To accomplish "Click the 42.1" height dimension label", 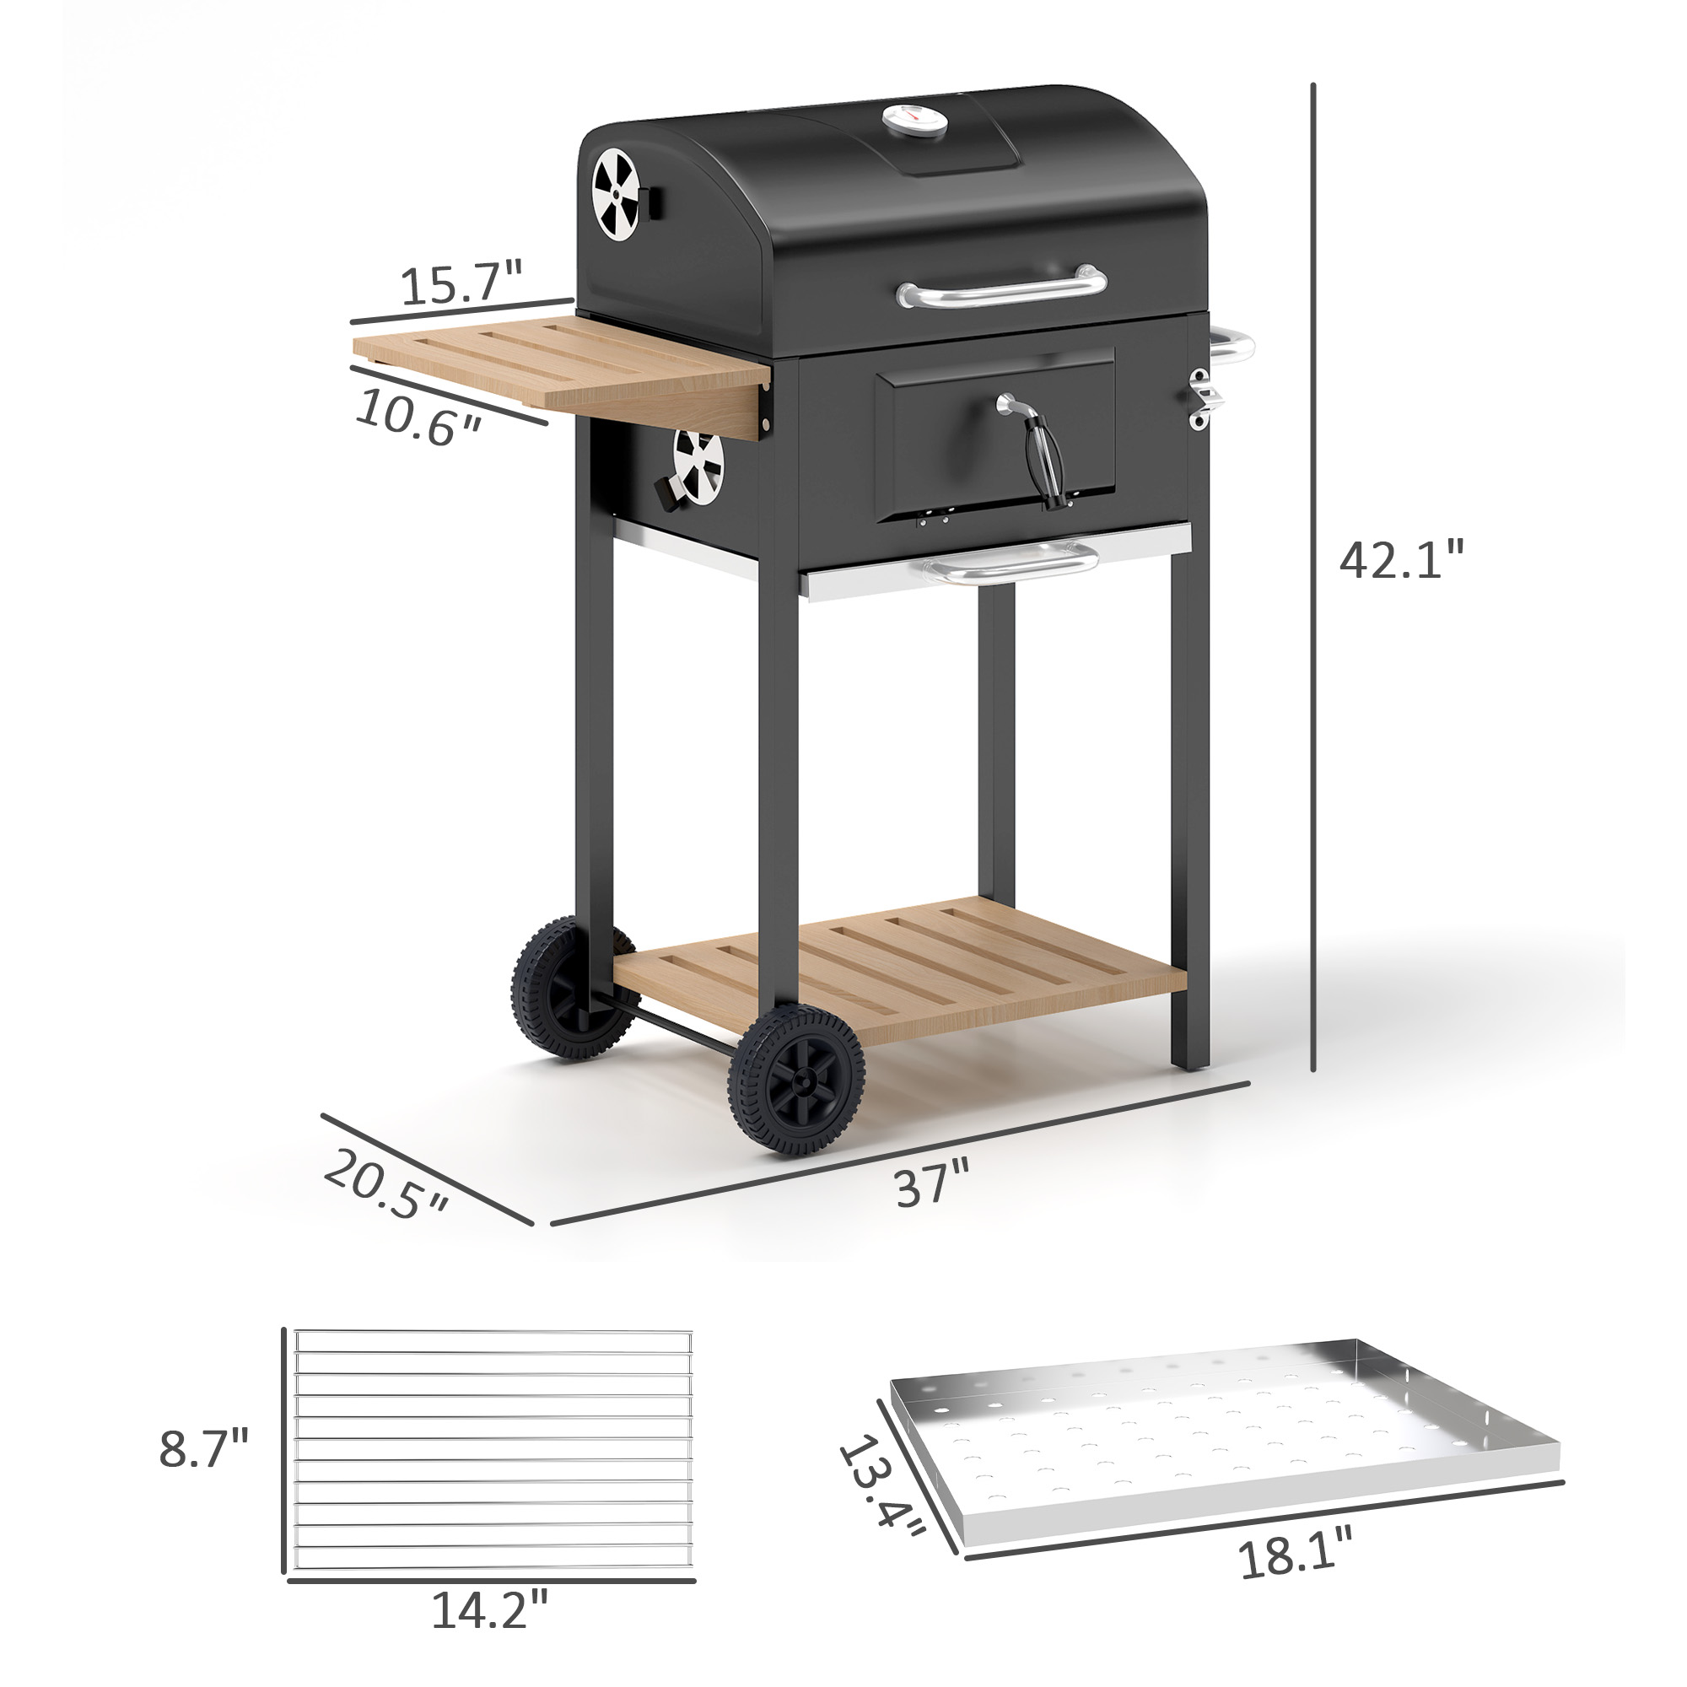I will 1399,559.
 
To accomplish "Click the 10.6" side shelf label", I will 418,418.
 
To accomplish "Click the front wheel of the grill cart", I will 795,1081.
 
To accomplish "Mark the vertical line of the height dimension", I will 1313,576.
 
